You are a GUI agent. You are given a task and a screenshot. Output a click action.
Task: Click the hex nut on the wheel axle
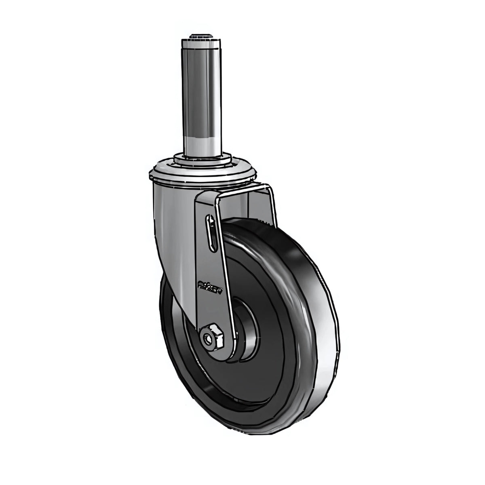[213, 337]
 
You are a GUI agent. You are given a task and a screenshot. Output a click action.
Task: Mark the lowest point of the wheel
[242, 434]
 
